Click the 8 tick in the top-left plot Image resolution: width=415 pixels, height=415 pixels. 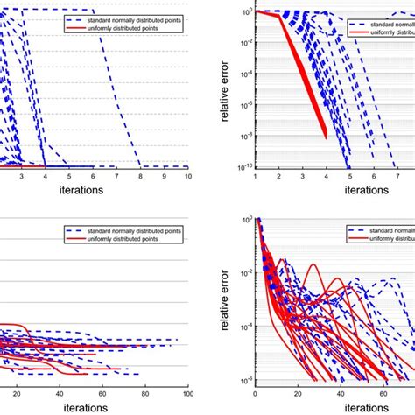140,176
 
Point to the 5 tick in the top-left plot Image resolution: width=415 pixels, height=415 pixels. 69,176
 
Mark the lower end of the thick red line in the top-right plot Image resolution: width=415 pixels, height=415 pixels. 325,137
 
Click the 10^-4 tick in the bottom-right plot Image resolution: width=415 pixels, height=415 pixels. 246,326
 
